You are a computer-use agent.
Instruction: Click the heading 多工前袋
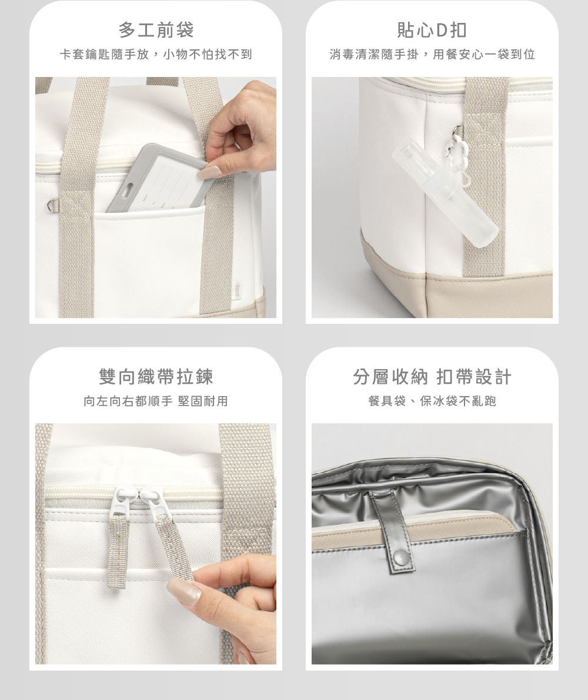[x=156, y=31]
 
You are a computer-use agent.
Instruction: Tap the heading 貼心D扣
[x=432, y=31]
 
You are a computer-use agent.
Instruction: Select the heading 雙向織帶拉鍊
[x=156, y=377]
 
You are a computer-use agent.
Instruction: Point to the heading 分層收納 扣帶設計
[x=432, y=377]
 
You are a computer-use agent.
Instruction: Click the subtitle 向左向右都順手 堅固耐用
[x=156, y=401]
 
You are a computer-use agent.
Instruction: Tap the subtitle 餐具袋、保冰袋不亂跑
[x=432, y=401]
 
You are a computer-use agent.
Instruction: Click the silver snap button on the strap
[x=401, y=557]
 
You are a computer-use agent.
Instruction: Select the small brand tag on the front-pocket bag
[x=239, y=289]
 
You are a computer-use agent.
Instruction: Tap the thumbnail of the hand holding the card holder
[x=156, y=197]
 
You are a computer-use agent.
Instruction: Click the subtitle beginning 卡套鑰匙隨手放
[x=156, y=55]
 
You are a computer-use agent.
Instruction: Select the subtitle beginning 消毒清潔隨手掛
[x=432, y=55]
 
